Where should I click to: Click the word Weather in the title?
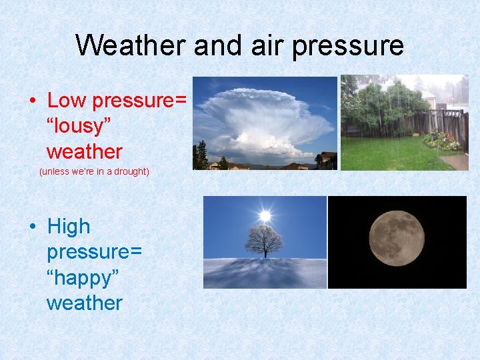pyautogui.click(x=131, y=46)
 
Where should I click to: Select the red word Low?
pyautogui.click(x=67, y=101)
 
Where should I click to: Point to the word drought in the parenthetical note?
pyautogui.click(x=130, y=171)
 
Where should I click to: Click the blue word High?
pyautogui.click(x=68, y=227)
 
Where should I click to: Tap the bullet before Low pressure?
pyautogui.click(x=32, y=101)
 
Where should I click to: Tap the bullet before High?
pyautogui.click(x=32, y=227)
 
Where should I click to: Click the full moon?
pyautogui.click(x=397, y=238)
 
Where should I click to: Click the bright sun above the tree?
pyautogui.click(x=265, y=215)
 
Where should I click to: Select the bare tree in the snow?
pyautogui.click(x=264, y=241)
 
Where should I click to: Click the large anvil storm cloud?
pyautogui.click(x=267, y=117)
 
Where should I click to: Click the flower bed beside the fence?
pyautogui.click(x=441, y=141)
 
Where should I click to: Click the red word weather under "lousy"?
pyautogui.click(x=84, y=151)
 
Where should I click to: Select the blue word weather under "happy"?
pyautogui.click(x=84, y=303)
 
